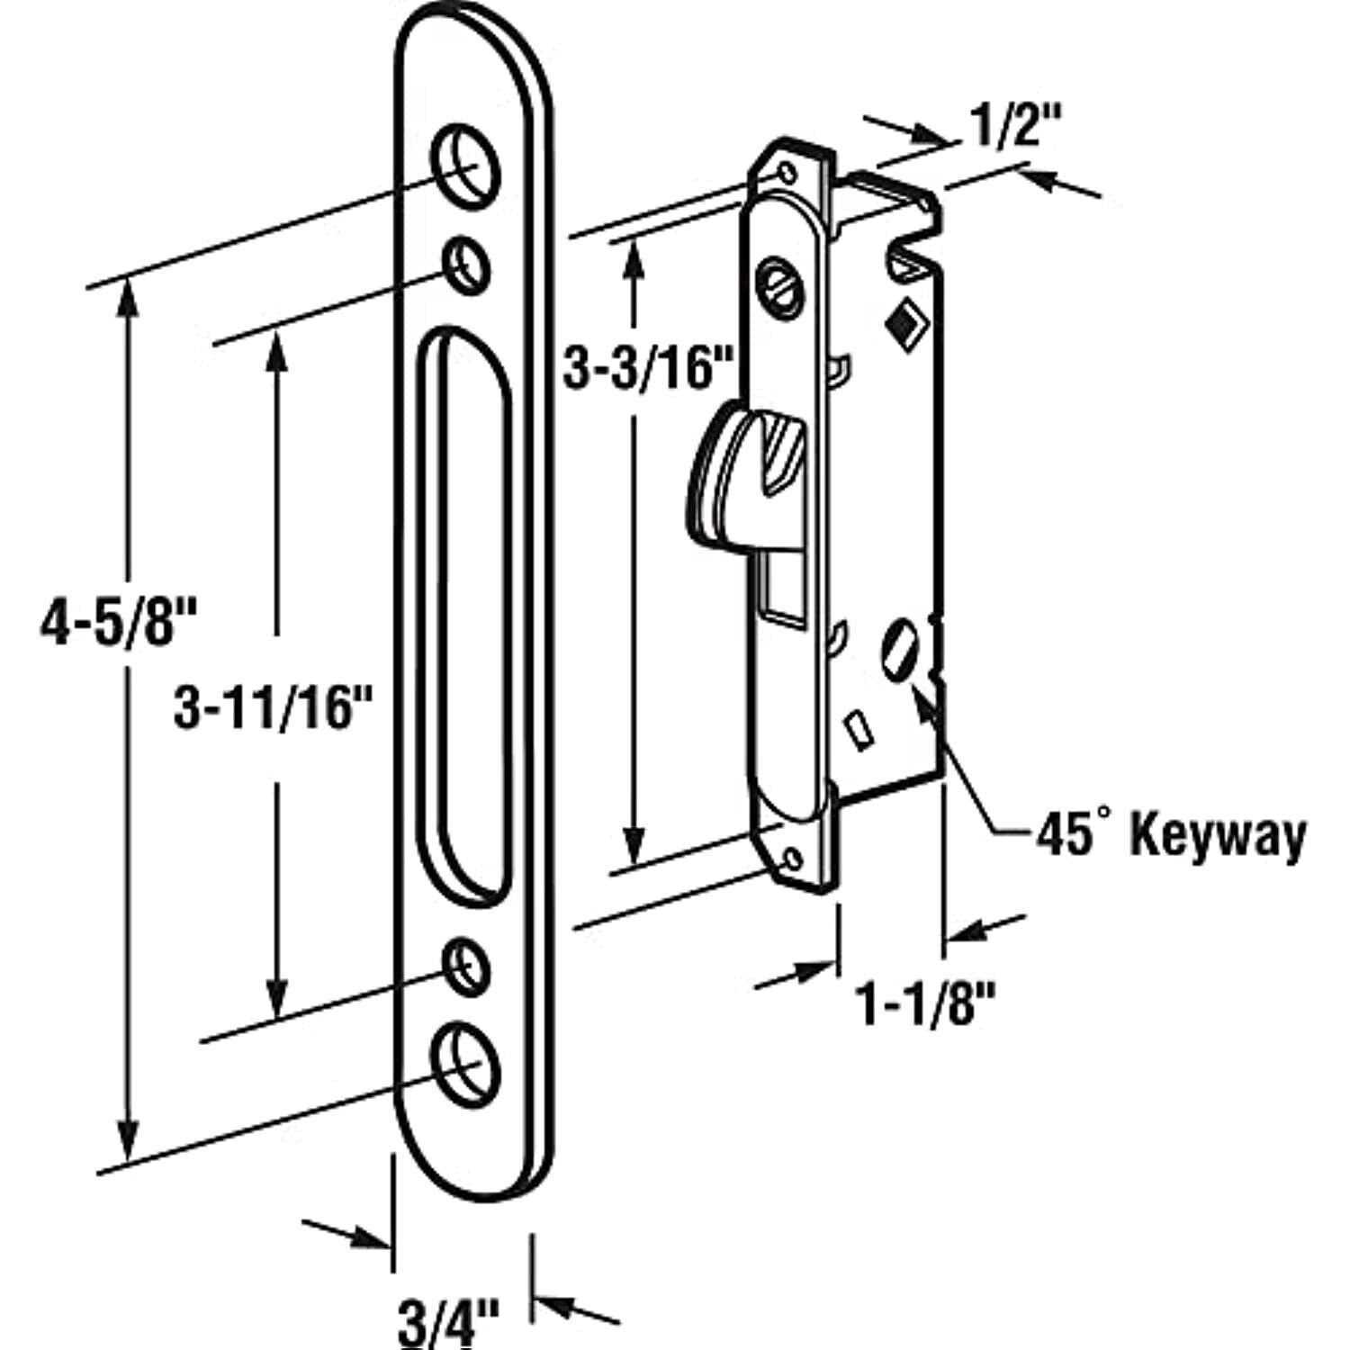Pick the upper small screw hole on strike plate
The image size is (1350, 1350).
click(x=467, y=265)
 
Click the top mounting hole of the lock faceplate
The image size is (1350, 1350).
click(x=787, y=171)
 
